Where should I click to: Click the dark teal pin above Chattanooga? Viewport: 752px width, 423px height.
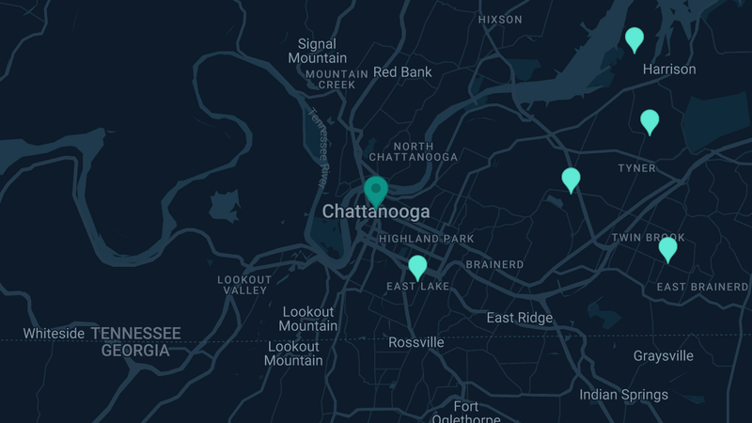tap(376, 191)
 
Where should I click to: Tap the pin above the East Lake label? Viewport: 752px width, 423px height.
tap(417, 267)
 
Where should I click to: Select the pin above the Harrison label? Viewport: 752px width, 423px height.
tap(634, 39)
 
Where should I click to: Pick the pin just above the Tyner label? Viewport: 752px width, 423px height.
tap(650, 121)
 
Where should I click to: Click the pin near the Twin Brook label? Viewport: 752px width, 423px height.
tap(667, 249)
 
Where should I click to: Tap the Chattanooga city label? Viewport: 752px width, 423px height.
tap(376, 212)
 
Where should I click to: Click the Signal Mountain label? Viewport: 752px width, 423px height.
tap(317, 51)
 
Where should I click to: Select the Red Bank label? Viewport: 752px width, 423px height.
tap(402, 71)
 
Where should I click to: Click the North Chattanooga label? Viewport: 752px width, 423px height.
tap(413, 151)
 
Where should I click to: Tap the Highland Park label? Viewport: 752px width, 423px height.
tap(427, 239)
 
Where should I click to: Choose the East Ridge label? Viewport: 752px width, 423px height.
tap(520, 318)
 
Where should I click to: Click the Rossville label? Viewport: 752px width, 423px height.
tap(416, 342)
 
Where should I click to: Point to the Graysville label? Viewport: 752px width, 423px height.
tap(664, 356)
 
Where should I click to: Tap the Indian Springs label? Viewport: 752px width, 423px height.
tap(623, 395)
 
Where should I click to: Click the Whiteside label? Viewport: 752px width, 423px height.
tap(55, 334)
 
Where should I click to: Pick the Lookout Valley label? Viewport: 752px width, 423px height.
tap(244, 285)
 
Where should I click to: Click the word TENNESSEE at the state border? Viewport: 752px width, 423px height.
tap(141, 334)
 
